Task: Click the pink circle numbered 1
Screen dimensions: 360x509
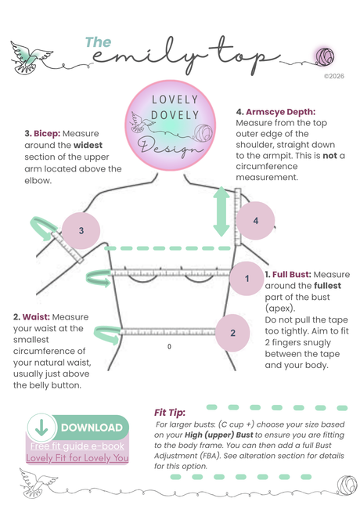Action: (247, 278)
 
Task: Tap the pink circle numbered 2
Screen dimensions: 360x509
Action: (232, 333)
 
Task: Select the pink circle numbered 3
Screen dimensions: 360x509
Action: (81, 230)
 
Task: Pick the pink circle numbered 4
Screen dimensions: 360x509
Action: (256, 221)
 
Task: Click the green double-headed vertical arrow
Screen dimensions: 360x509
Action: (221, 211)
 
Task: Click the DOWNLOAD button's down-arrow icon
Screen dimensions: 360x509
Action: (41, 428)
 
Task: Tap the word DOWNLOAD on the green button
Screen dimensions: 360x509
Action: (92, 428)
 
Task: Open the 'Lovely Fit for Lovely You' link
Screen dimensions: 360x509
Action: (77, 458)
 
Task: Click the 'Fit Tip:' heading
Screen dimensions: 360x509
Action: (170, 413)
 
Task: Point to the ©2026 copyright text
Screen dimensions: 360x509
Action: (334, 76)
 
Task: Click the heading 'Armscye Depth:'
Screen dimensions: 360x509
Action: (280, 112)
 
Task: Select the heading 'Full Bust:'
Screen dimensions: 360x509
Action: (292, 275)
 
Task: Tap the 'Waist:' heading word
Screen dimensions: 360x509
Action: (36, 317)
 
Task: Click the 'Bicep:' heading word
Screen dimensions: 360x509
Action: (47, 134)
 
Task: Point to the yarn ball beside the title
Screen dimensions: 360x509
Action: (325, 56)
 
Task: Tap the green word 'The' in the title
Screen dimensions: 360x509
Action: (98, 42)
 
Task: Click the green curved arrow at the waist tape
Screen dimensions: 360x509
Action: (107, 334)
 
